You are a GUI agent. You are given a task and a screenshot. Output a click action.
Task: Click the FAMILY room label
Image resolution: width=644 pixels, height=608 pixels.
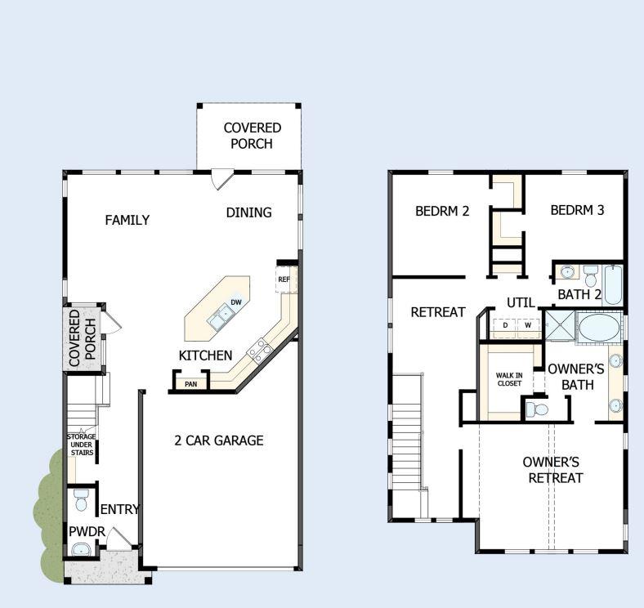127,220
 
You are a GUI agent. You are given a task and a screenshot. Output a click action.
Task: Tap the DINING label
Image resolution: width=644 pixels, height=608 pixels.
248,212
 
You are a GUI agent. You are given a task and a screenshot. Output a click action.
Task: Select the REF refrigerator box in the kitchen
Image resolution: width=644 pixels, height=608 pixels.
284,279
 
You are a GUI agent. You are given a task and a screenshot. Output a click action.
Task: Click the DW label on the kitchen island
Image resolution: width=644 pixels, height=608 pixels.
235,302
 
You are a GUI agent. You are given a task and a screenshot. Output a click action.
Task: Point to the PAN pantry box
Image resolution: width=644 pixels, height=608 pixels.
190,383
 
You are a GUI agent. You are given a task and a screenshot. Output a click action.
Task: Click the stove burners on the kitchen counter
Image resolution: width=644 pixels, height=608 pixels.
260,351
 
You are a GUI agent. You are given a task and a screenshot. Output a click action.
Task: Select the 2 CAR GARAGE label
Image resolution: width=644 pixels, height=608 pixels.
218,440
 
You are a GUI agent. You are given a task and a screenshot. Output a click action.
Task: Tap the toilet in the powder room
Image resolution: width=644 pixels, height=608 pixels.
80,498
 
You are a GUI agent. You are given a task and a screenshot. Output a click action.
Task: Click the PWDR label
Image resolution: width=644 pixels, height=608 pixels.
86,532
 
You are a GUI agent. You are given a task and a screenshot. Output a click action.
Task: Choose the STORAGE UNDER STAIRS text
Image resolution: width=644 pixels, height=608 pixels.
81,445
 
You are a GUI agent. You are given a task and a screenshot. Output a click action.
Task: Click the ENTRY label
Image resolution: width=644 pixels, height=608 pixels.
119,509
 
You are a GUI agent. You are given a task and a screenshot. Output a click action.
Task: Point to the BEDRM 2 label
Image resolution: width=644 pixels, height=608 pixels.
442,210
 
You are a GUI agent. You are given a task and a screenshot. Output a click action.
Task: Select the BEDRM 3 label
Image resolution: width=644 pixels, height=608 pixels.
577,210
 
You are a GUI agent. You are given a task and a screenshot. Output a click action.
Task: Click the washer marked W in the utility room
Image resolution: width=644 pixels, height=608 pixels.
528,325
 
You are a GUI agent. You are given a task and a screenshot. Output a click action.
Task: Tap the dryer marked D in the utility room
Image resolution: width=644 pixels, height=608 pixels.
505,325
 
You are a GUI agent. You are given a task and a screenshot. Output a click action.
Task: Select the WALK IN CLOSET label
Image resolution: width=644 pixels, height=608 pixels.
509,379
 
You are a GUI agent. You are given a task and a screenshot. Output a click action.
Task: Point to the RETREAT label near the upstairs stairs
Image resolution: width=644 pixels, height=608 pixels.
438,312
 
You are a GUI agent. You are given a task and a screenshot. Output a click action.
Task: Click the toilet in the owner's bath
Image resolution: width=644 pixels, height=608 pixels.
536,408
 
